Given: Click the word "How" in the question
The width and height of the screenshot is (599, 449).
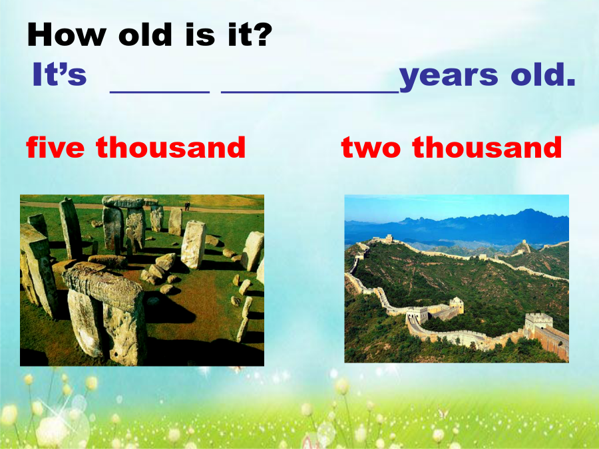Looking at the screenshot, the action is [67, 35].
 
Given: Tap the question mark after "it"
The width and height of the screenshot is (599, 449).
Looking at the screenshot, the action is [263, 35].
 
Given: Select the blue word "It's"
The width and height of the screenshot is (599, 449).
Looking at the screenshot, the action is [60, 74].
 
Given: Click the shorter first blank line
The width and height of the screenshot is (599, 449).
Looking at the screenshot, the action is [160, 92].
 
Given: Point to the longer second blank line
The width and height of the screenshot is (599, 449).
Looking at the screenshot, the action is [310, 92].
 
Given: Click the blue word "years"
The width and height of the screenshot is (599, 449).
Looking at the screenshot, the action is [449, 76].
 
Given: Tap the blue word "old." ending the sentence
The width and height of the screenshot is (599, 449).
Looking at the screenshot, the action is [543, 74].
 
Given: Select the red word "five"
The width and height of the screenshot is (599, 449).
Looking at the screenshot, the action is [55, 147].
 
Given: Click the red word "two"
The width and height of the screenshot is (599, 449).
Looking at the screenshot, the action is [371, 148].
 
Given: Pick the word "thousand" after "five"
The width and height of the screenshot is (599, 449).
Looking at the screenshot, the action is [170, 147].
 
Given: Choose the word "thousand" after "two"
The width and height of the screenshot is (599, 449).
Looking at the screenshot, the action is [487, 147].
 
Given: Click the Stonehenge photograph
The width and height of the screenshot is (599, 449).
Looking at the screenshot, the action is [142, 280].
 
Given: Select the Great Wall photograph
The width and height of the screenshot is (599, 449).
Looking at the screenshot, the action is [457, 279].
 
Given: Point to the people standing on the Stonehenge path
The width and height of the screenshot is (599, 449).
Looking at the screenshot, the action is [187, 206].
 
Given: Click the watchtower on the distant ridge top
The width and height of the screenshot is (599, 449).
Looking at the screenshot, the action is [389, 239].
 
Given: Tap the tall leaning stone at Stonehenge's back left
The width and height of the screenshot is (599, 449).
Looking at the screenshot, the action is [71, 228].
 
